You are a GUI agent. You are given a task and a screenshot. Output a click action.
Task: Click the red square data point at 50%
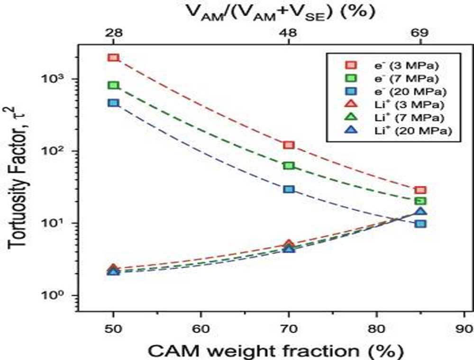click(x=113, y=58)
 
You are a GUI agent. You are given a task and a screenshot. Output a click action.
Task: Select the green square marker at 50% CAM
click(x=113, y=85)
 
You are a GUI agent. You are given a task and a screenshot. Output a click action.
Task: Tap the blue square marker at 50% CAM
click(x=113, y=103)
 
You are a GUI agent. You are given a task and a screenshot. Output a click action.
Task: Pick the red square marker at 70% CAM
click(x=289, y=144)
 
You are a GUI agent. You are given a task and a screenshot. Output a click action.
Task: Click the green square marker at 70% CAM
click(x=289, y=165)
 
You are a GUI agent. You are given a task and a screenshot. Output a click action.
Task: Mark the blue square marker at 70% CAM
click(x=289, y=189)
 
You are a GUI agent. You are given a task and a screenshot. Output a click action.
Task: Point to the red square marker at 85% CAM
click(x=420, y=190)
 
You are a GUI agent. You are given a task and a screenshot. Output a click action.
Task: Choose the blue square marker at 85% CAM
click(x=420, y=223)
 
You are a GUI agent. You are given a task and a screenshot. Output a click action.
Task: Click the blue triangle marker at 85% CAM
click(x=420, y=212)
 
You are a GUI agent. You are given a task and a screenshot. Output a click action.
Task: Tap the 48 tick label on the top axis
click(x=289, y=34)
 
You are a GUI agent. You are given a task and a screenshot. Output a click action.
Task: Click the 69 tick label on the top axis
click(x=420, y=34)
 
